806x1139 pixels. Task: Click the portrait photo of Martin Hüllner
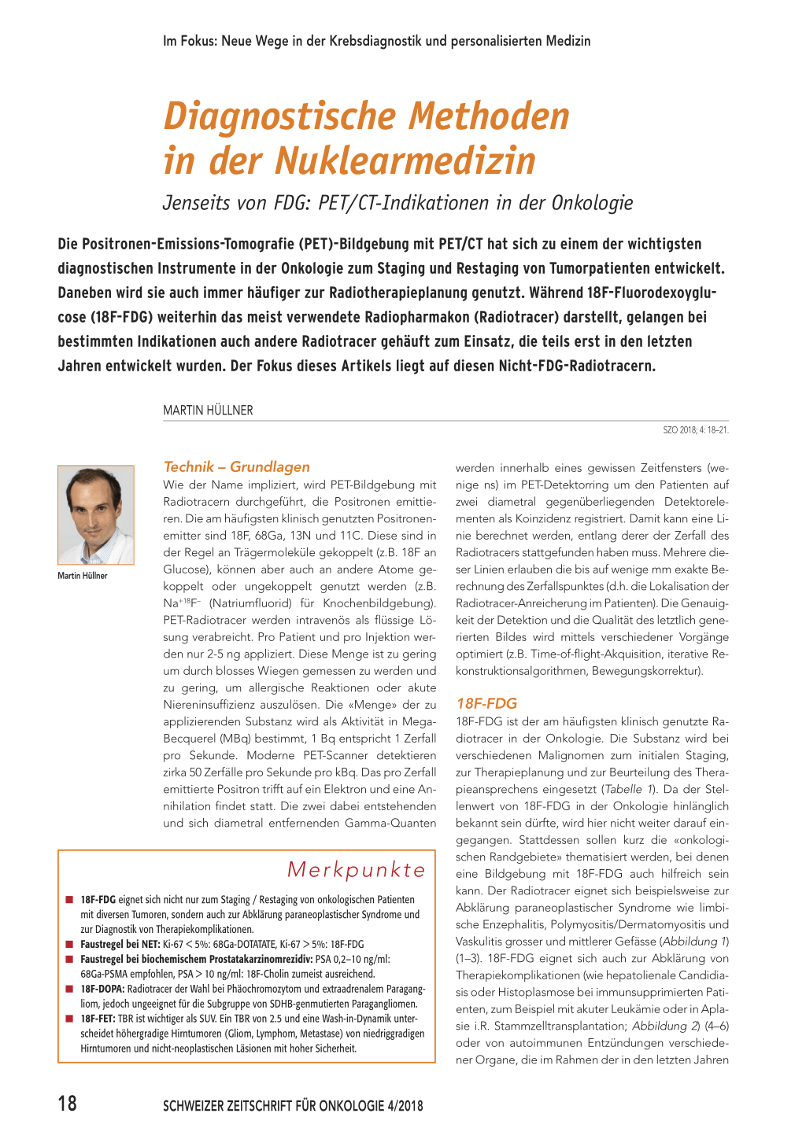[95, 515]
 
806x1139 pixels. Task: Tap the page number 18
[68, 1103]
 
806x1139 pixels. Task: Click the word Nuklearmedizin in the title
[405, 160]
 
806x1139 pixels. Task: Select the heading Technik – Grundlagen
[236, 466]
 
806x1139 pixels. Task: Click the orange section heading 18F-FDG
[486, 703]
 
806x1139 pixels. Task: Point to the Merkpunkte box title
[356, 869]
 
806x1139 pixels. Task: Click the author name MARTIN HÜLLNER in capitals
[208, 410]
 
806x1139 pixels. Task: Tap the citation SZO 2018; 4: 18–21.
[696, 430]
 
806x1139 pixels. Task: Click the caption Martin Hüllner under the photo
[82, 576]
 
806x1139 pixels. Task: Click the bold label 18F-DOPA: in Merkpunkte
[102, 989]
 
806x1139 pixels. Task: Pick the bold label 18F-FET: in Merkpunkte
[98, 1019]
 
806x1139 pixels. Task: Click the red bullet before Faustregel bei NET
[69, 944]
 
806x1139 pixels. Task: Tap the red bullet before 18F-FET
[69, 1019]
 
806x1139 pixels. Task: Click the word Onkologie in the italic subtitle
[592, 203]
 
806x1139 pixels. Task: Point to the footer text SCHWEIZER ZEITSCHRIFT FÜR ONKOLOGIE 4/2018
[293, 1106]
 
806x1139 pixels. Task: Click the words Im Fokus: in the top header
[190, 41]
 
